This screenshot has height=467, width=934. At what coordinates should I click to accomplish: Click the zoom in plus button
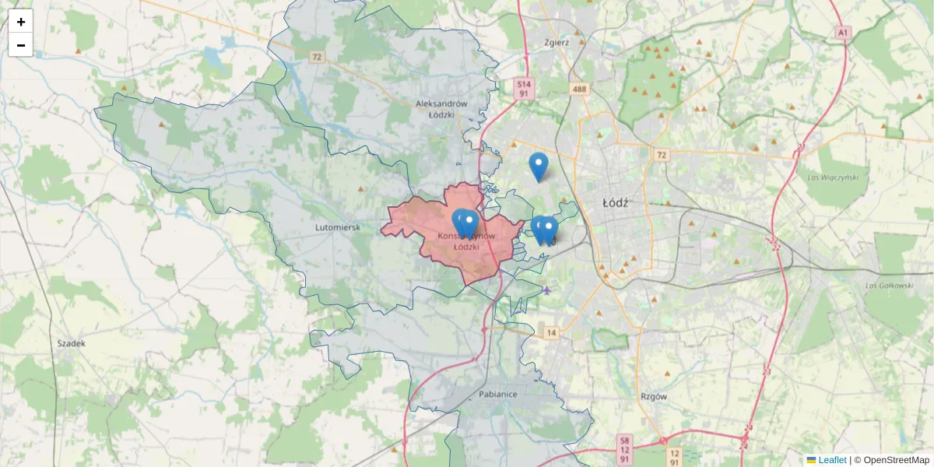[21, 22]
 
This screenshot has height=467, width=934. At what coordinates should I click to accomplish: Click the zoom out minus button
[21, 45]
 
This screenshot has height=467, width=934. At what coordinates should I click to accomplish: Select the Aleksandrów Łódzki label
[441, 108]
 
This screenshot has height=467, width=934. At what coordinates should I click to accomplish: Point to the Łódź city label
[615, 202]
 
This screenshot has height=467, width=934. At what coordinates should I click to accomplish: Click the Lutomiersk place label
[337, 227]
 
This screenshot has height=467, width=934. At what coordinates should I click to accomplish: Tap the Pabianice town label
[499, 394]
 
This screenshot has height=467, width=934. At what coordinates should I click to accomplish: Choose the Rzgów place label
[654, 396]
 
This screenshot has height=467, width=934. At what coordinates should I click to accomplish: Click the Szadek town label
[72, 342]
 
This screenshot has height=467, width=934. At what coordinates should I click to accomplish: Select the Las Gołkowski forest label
[889, 286]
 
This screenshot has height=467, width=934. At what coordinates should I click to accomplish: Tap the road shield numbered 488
[579, 90]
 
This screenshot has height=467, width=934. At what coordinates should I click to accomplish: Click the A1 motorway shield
[842, 32]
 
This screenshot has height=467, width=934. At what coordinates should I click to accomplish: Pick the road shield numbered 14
[551, 332]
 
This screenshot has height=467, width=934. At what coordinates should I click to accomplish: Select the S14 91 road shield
[524, 89]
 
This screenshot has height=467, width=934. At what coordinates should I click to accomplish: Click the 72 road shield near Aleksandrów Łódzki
[316, 57]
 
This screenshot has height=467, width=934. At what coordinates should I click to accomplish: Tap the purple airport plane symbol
[548, 291]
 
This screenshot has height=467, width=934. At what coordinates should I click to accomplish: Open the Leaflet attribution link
[832, 460]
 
